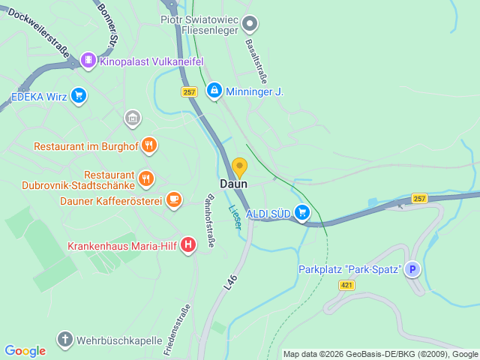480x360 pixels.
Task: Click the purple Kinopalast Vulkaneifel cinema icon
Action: tap(88, 60)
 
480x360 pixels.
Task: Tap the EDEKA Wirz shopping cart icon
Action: tap(79, 95)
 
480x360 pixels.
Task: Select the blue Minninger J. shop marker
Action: tap(214, 91)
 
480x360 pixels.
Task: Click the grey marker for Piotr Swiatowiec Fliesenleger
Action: tap(250, 24)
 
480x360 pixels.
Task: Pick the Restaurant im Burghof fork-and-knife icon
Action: tap(149, 145)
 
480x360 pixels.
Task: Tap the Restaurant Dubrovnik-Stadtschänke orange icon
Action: tap(147, 179)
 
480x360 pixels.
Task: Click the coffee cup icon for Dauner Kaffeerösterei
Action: tap(174, 199)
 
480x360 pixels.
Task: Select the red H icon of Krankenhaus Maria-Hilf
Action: tap(188, 244)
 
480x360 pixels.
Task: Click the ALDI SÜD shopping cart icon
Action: tap(302, 213)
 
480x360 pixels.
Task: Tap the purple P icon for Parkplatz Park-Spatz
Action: tap(413, 269)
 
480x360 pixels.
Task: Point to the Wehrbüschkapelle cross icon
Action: tap(65, 340)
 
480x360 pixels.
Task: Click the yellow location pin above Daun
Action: tap(239, 166)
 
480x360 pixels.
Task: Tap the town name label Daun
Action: tap(233, 184)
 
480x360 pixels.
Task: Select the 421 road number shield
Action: tap(346, 285)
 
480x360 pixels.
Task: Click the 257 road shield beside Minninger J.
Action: tap(188, 91)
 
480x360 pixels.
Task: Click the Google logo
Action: tap(25, 350)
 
